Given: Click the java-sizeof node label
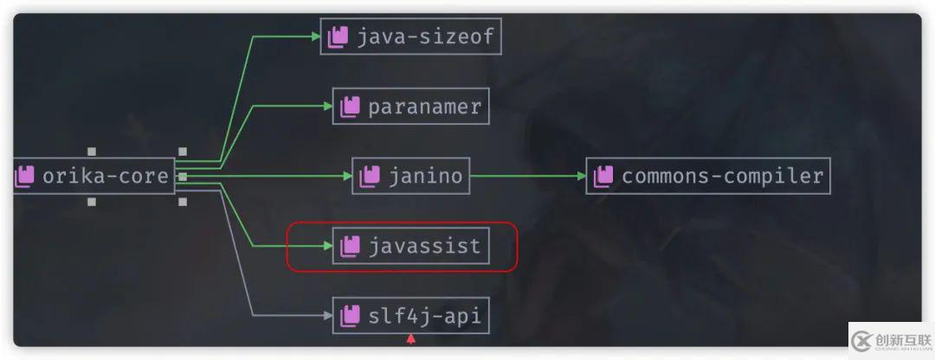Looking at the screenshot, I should point(425,36).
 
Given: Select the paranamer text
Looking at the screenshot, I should point(424,106).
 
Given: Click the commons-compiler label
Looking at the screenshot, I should point(722,177).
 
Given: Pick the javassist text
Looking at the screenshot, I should point(424,247).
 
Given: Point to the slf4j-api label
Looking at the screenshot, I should point(424,316).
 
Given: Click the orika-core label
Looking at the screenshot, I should point(106,177).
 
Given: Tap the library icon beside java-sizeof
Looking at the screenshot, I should point(338,36).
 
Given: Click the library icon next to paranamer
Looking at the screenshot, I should point(350,106).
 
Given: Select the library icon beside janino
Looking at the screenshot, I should point(369,177).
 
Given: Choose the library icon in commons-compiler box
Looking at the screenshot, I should point(603,177).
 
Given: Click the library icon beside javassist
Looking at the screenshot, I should point(350,247).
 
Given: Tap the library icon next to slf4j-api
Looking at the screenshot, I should point(350,316).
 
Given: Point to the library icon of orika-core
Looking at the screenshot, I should point(24,177).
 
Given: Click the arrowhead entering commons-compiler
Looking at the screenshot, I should point(581,177).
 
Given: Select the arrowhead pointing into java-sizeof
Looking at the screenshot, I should point(315,36).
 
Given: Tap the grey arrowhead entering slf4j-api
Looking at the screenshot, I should point(327,316).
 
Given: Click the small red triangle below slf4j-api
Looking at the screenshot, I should point(410,338).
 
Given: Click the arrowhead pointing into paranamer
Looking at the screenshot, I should point(327,106).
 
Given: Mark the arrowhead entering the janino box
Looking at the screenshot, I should point(346,177).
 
